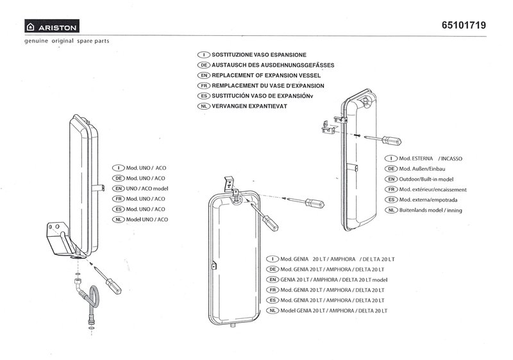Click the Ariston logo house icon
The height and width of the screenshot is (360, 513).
pos(29,27)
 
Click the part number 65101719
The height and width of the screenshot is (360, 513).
pos(464,26)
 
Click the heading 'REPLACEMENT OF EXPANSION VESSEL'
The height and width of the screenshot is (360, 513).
pos(267,75)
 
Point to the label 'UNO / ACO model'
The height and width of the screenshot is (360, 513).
pos(147,189)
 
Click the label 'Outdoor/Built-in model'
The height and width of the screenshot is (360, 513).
pos(435,179)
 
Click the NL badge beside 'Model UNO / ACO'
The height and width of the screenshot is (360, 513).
pos(117,219)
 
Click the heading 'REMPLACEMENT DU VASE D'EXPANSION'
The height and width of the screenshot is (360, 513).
pos(267,85)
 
